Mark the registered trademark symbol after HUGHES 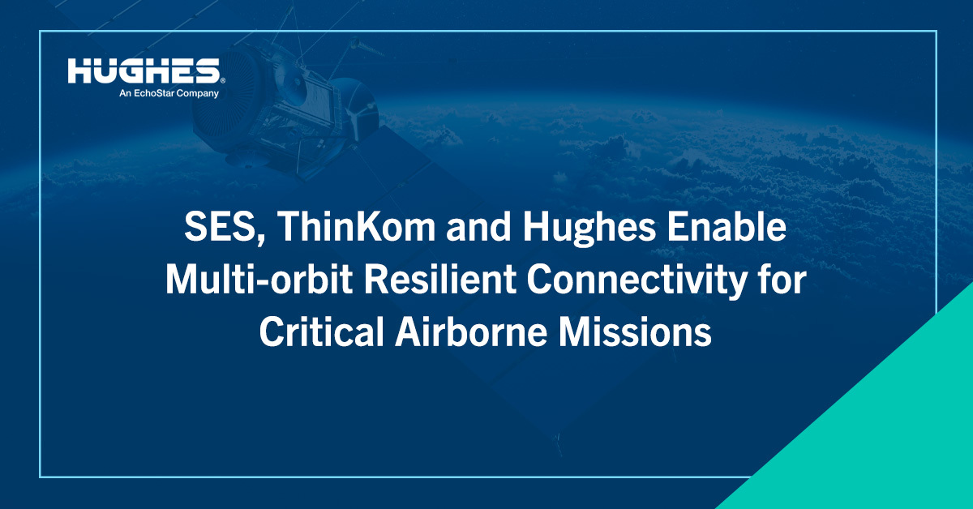[x=222, y=79]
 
